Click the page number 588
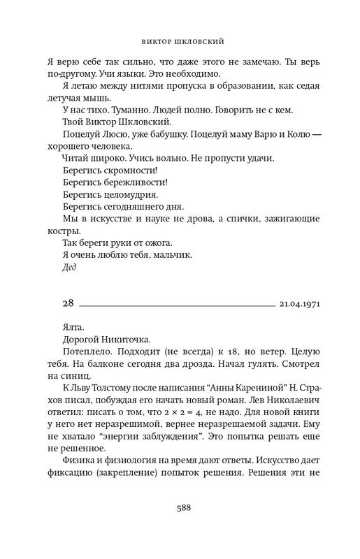pyautogui.click(x=180, y=509)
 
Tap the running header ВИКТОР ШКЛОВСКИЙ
pyautogui.click(x=180, y=40)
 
